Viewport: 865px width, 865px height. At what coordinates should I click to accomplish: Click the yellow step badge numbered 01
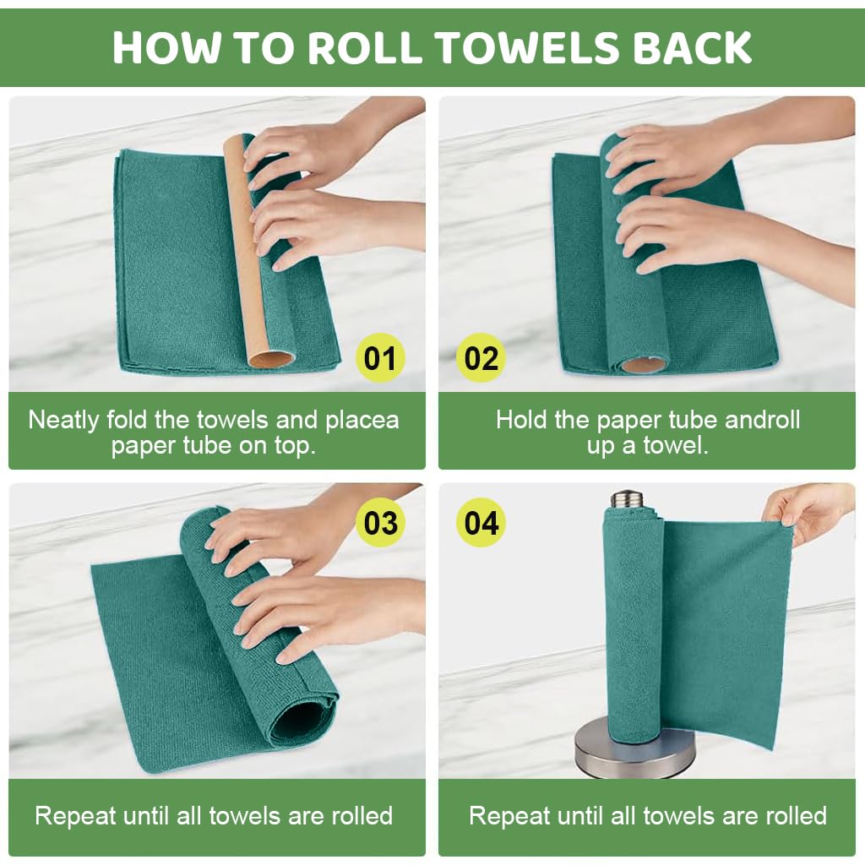(x=379, y=358)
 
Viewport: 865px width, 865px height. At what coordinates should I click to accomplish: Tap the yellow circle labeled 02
(x=481, y=358)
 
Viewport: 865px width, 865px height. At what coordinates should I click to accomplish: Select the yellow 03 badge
(x=380, y=523)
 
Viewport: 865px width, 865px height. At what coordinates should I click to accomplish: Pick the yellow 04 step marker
(x=481, y=523)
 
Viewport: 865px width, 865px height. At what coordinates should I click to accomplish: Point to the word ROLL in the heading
(x=366, y=48)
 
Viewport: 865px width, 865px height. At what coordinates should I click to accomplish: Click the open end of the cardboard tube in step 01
(x=271, y=358)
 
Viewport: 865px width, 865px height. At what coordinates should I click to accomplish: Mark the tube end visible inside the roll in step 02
(x=643, y=365)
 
